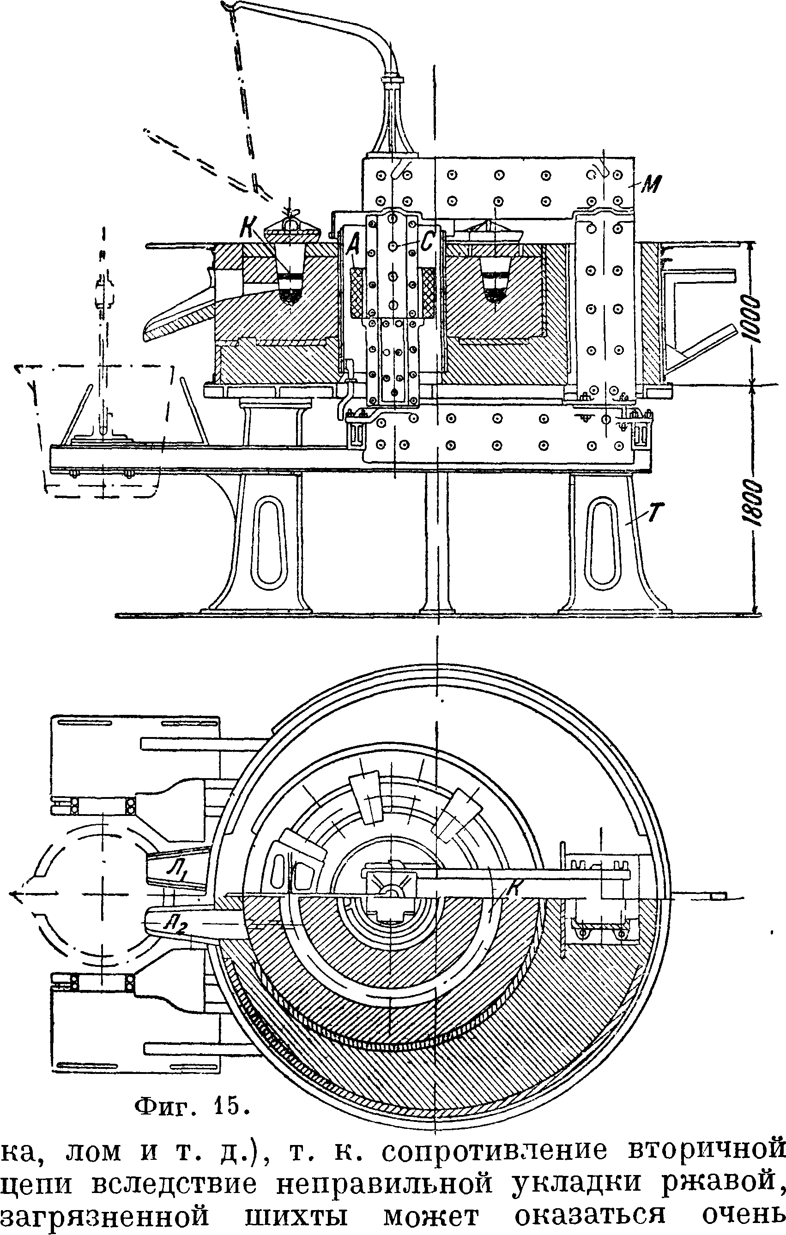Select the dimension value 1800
pos(752,502)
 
